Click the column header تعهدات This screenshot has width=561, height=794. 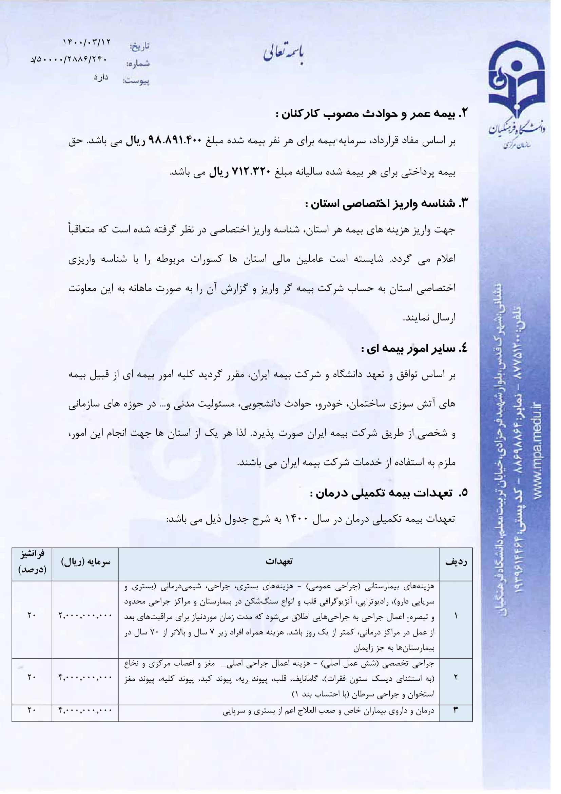tap(279, 561)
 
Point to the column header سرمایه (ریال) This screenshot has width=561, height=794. tap(86, 561)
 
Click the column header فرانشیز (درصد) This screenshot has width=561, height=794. tap(32, 561)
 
